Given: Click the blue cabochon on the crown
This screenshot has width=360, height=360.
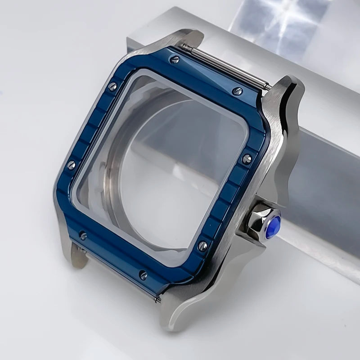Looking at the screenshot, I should point(273,227).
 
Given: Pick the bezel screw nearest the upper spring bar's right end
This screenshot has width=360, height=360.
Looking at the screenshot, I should point(237,91).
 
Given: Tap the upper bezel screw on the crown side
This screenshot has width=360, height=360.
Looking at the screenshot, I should point(246,159).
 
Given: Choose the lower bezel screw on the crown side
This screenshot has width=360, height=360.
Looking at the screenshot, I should point(202,246).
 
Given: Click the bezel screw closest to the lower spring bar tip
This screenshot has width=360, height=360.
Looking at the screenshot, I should point(143,275).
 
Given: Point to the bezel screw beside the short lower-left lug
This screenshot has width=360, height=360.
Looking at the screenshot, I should point(82,235).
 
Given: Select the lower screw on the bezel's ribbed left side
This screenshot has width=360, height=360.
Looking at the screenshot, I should point(71,165).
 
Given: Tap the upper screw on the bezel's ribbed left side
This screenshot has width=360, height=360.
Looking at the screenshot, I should point(112,86).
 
